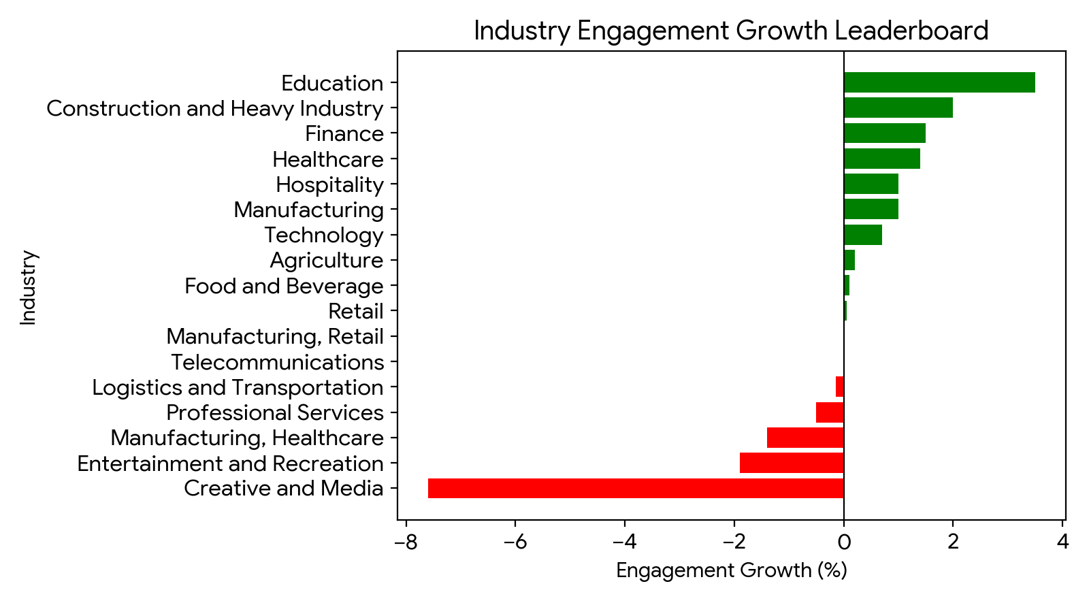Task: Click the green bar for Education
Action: [939, 82]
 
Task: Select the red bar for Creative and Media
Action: [636, 489]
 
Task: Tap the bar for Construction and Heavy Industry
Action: [898, 108]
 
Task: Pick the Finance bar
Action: [884, 133]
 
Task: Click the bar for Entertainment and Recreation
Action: [792, 463]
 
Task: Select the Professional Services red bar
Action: [830, 412]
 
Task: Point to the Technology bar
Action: [862, 235]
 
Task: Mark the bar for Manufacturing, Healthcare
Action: [805, 438]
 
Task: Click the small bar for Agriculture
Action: [849, 260]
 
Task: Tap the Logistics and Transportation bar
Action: [840, 387]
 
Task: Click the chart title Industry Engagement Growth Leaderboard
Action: [731, 31]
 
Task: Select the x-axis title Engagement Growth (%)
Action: [731, 570]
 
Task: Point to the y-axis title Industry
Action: [29, 287]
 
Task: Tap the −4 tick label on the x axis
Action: [624, 542]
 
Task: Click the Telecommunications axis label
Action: [277, 362]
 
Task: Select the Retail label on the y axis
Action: [355, 311]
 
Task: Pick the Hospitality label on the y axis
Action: [329, 184]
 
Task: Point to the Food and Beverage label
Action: [284, 286]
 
